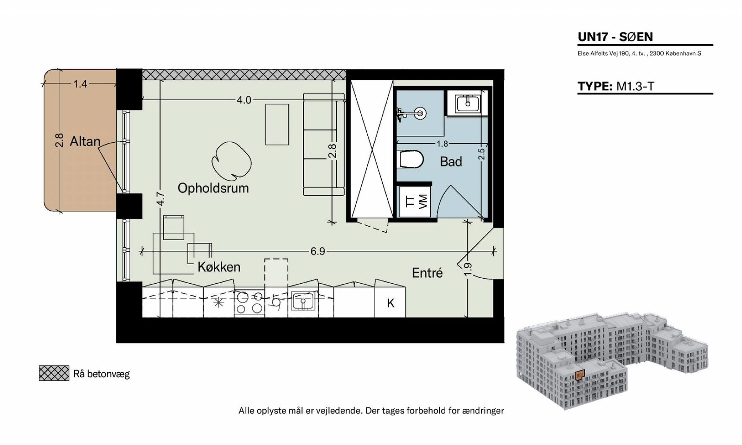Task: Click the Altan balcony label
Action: [85, 141]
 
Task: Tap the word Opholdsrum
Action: [213, 188]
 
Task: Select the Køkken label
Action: [218, 267]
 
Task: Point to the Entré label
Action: [427, 273]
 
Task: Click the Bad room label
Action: [451, 162]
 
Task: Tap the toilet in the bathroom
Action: [411, 159]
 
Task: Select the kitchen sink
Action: [303, 301]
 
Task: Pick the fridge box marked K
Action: [390, 302]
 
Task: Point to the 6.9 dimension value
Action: [317, 252]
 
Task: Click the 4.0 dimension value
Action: [244, 100]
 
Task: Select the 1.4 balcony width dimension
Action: [80, 84]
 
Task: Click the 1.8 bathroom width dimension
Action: [442, 144]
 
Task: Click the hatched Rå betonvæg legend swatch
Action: [54, 373]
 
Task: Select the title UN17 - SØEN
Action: [615, 37]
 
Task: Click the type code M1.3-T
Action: [635, 86]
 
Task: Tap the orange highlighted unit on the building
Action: [579, 375]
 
